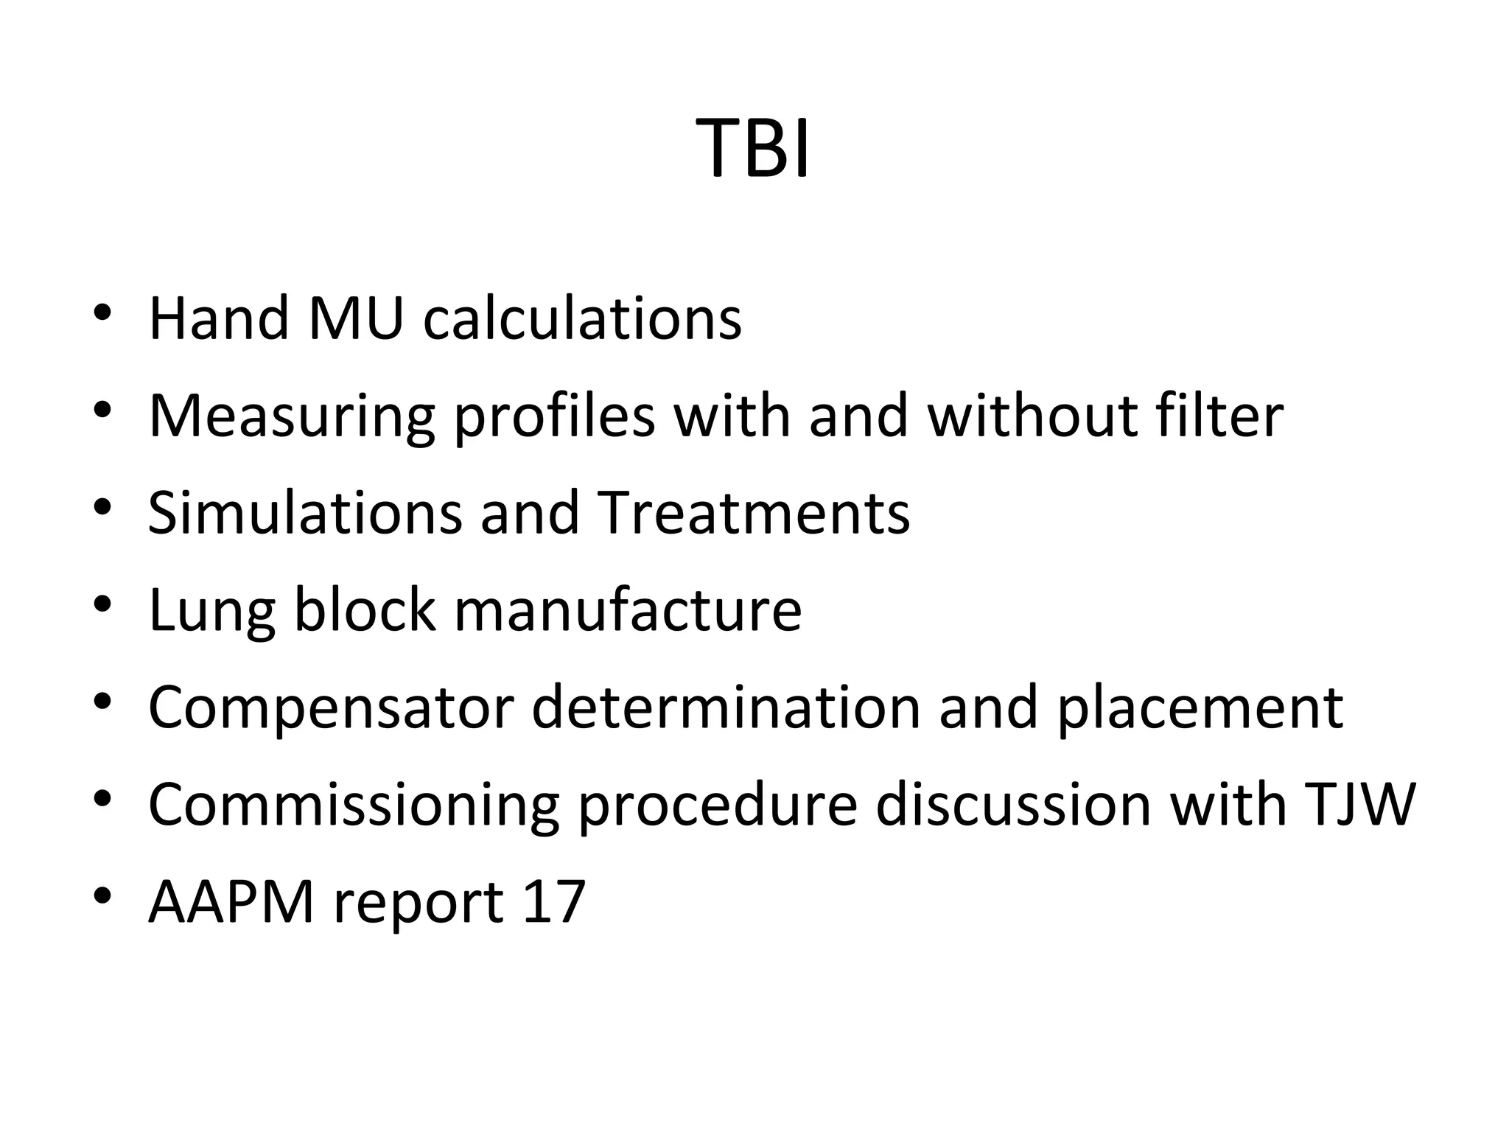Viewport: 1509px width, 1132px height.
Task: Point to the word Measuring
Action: [x=292, y=416]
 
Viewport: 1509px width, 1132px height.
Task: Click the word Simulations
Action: [x=305, y=512]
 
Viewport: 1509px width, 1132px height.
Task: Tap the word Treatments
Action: [x=753, y=512]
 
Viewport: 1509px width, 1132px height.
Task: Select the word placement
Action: [x=1200, y=707]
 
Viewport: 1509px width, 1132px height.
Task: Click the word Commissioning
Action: [x=354, y=805]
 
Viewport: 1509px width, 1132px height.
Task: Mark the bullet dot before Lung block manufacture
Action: [x=102, y=605]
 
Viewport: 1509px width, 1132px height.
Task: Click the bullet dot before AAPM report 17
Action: [x=102, y=896]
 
